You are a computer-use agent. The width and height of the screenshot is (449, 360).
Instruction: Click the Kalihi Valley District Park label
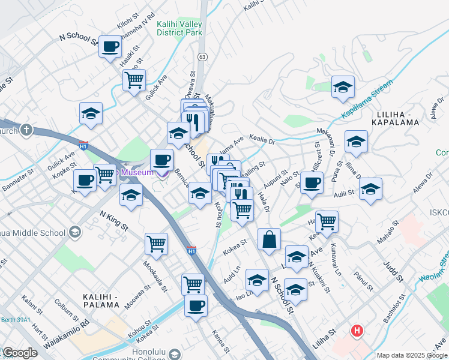(179, 28)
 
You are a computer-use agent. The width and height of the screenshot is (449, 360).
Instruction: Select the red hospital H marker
(358, 330)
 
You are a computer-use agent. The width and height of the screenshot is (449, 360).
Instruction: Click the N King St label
(114, 220)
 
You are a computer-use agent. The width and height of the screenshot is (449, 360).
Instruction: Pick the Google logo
(20, 353)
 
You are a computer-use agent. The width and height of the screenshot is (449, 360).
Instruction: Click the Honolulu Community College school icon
(175, 353)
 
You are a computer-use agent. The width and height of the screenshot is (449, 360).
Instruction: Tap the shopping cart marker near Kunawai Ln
(327, 221)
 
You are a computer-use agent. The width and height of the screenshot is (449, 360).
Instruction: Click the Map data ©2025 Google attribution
(411, 355)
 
